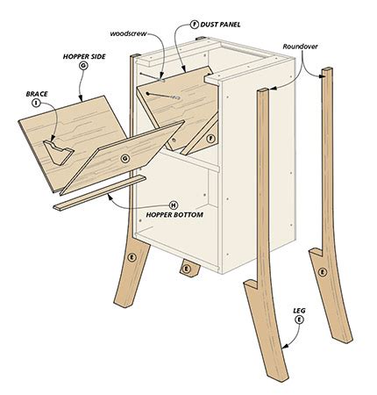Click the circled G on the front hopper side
pos(125,157)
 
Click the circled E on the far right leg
pos(323,272)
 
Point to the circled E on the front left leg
pos(132,257)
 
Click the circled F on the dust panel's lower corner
pos(210,138)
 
